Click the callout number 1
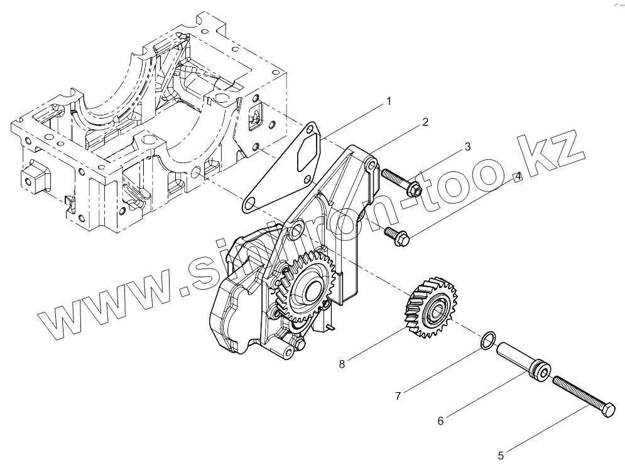coord(389,100)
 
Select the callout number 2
coord(425,122)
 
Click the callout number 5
coord(501,455)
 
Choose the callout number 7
coord(398,396)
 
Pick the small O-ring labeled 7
coord(487,341)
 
